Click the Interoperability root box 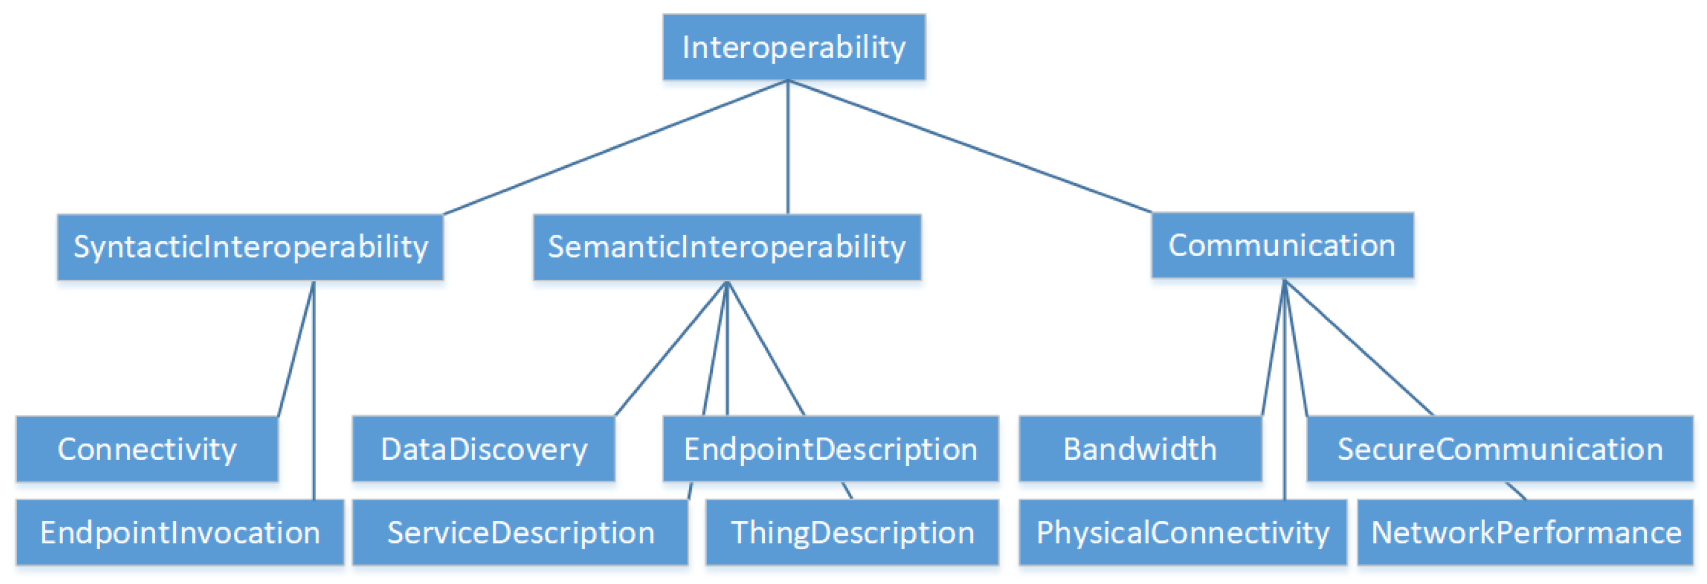pos(794,47)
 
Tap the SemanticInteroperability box pos(727,247)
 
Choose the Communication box pos(1281,245)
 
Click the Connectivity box pos(146,449)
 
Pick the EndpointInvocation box pos(180,532)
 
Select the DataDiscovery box pos(483,449)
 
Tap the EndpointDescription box pos(830,449)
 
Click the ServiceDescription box pos(520,532)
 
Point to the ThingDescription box pos(852,532)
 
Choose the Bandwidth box pos(1140,449)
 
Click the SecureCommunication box pos(1500,449)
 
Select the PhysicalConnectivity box pos(1182,532)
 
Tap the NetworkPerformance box pos(1525,532)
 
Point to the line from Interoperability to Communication pos(969,146)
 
